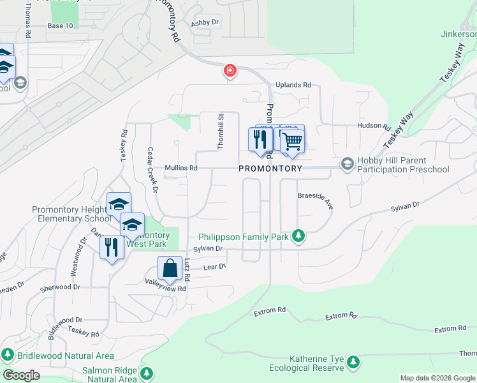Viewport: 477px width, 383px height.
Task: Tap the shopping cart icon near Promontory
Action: coord(292,140)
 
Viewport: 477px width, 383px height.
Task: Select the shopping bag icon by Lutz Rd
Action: coord(170,268)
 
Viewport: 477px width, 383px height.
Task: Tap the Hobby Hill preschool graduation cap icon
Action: coord(348,165)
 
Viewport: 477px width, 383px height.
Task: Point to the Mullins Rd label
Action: coord(181,169)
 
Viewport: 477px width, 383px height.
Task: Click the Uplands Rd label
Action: coord(293,85)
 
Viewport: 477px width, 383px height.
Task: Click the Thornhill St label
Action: coord(220,132)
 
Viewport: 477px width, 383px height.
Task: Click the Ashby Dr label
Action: coord(205,22)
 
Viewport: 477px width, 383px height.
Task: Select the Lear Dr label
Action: coord(214,267)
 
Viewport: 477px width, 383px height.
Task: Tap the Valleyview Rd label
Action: coord(165,289)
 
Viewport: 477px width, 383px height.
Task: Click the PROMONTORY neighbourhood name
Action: coord(270,169)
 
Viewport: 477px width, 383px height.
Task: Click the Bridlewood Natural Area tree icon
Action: coord(8,354)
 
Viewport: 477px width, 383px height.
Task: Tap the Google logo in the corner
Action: coord(20,375)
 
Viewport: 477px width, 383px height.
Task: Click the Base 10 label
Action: coord(61,26)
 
